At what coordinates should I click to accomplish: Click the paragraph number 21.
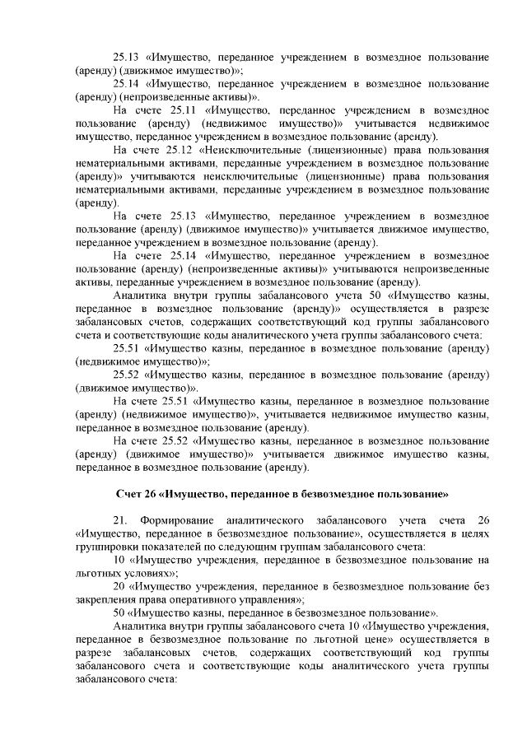tap(121, 520)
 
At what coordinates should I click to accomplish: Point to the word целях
tap(475, 533)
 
